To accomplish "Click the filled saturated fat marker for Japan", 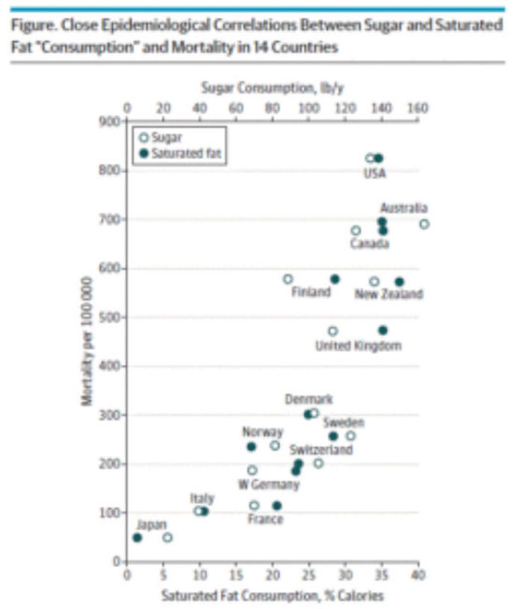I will click(137, 537).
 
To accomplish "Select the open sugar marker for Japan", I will click(167, 537).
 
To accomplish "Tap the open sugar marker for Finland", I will click(288, 279).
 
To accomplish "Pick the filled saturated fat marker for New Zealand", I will click(400, 281).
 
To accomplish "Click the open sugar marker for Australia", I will click(424, 224).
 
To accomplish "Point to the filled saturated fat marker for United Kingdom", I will click(383, 330).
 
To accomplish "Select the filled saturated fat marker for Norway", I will click(251, 447).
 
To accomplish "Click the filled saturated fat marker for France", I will click(277, 506).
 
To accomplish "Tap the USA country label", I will click(374, 174).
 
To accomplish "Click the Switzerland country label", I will click(321, 450).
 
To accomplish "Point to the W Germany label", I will click(269, 484).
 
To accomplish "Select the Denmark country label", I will click(309, 400).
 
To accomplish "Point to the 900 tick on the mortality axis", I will click(110, 121).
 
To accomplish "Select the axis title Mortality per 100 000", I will click(87, 341).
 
